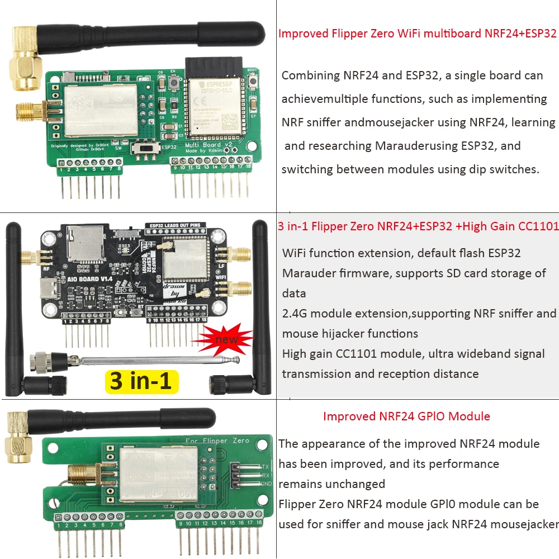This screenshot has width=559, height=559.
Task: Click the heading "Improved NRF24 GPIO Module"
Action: tap(406, 416)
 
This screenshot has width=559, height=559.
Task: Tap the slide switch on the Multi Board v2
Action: tap(148, 149)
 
